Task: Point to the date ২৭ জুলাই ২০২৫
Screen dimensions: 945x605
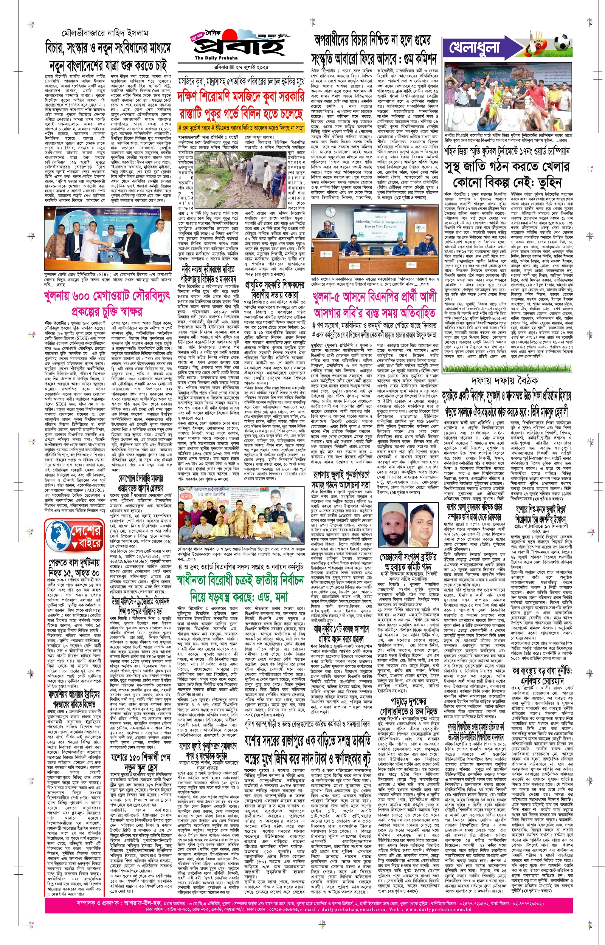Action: click(x=252, y=68)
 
